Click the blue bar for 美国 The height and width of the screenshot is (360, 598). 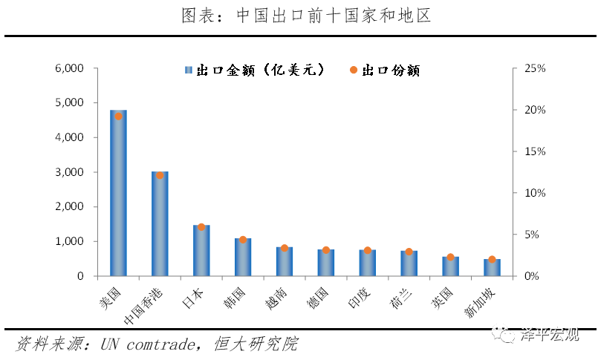click(118, 194)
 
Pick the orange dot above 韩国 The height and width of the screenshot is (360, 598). click(243, 240)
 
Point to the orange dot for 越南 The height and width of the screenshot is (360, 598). click(285, 248)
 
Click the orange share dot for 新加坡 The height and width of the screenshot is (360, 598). click(492, 259)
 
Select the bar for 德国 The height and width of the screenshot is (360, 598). click(326, 263)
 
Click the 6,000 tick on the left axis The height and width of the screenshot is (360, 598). click(71, 68)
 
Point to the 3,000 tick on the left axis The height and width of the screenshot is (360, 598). click(71, 172)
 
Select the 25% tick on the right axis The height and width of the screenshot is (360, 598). click(535, 68)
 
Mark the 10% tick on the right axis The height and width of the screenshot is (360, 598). click(535, 193)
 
